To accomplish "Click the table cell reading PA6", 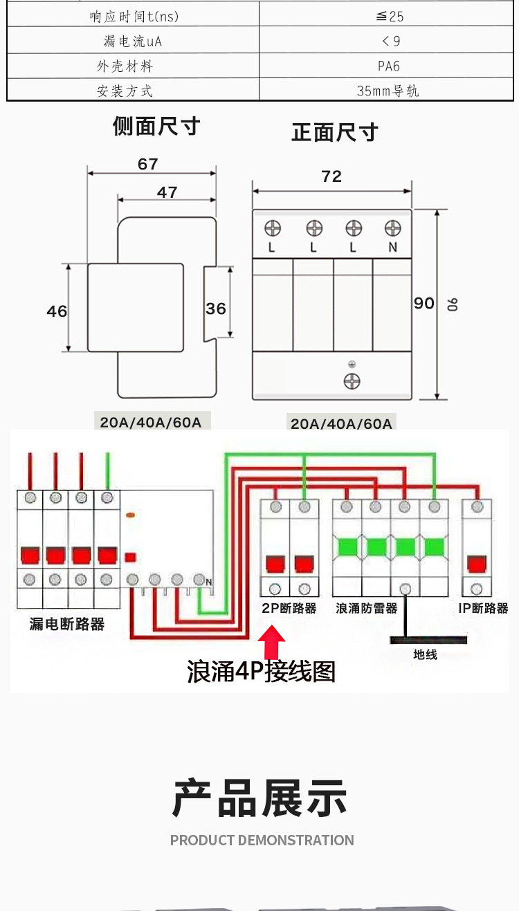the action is pyautogui.click(x=388, y=66).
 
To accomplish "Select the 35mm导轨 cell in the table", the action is pyautogui.click(x=388, y=91).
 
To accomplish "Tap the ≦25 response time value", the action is pyautogui.click(x=390, y=17).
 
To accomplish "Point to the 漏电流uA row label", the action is pyautogui.click(x=133, y=41).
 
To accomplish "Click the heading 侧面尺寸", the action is pyautogui.click(x=156, y=126).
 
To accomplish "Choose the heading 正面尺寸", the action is pyautogui.click(x=335, y=132).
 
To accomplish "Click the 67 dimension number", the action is pyautogui.click(x=147, y=164).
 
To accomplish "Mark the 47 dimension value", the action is pyautogui.click(x=167, y=192).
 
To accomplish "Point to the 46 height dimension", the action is pyautogui.click(x=57, y=311).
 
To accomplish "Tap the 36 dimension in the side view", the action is pyautogui.click(x=216, y=309).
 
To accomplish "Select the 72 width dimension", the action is pyautogui.click(x=331, y=176).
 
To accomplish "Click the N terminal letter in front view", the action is pyautogui.click(x=392, y=247).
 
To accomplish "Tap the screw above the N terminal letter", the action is pyautogui.click(x=392, y=228).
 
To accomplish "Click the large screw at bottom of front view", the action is pyautogui.click(x=352, y=381).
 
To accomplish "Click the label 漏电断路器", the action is pyautogui.click(x=66, y=624).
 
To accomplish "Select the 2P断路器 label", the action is pyautogui.click(x=289, y=609).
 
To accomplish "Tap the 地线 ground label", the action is pyautogui.click(x=425, y=654).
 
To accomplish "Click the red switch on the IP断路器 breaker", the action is pyautogui.click(x=477, y=564).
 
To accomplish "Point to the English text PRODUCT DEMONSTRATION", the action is pyautogui.click(x=262, y=840).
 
